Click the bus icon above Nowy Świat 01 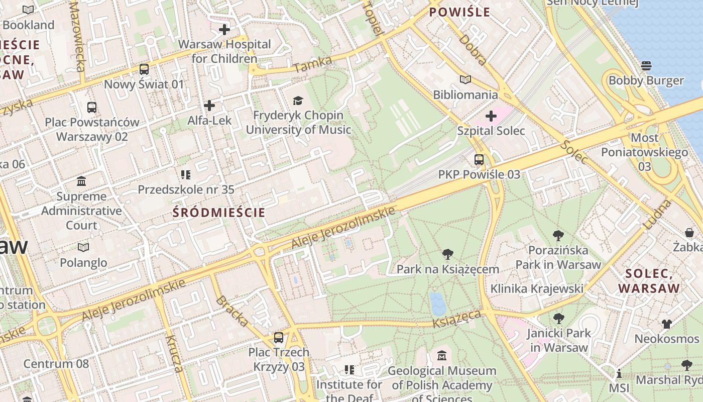tap(144, 69)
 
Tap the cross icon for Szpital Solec tap(491, 117)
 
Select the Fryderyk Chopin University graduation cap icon tap(298, 101)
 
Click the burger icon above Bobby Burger tap(646, 66)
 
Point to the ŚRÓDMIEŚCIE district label tap(219, 213)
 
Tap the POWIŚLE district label tap(459, 13)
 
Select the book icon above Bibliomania tap(465, 80)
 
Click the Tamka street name tap(313, 64)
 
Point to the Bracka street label tap(232, 311)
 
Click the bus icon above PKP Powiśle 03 tap(479, 160)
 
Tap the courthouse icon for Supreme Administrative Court tap(81, 181)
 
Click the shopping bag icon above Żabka tap(689, 233)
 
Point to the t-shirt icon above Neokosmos tap(666, 324)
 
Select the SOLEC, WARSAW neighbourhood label tap(649, 281)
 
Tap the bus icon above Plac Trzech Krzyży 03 tap(279, 338)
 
